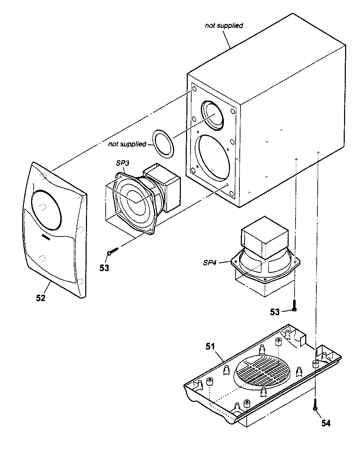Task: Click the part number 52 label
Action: point(41,298)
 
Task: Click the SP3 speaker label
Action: point(122,163)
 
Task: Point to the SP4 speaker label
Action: point(210,262)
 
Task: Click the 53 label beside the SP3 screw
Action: point(104,268)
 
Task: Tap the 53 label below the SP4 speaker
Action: point(275,312)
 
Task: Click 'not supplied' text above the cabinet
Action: point(224,25)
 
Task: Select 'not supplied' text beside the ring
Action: point(127,144)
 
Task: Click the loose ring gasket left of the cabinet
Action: point(163,144)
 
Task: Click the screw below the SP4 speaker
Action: point(295,305)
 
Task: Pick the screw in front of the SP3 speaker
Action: point(113,251)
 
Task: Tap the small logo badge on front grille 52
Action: point(45,237)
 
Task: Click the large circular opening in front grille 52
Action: point(46,210)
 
